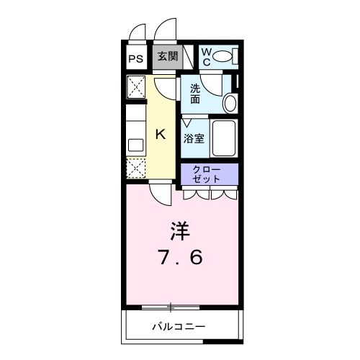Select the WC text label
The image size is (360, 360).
(206, 56)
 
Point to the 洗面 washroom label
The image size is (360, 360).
(196, 94)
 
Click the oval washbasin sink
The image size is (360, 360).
(230, 103)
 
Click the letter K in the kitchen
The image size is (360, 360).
(161, 133)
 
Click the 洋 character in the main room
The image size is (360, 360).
(180, 232)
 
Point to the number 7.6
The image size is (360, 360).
(181, 257)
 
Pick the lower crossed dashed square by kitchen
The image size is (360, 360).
(136, 168)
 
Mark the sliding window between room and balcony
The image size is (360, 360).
(171, 307)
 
